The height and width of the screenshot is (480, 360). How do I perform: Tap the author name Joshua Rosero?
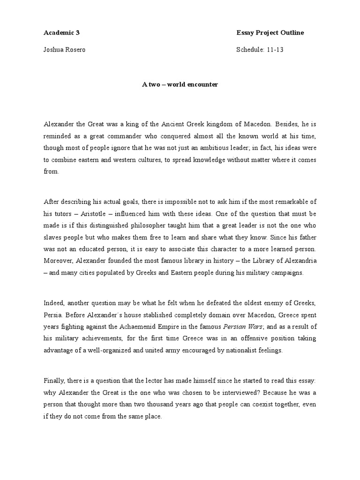[65, 50]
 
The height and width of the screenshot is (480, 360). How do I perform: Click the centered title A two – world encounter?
[180, 85]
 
